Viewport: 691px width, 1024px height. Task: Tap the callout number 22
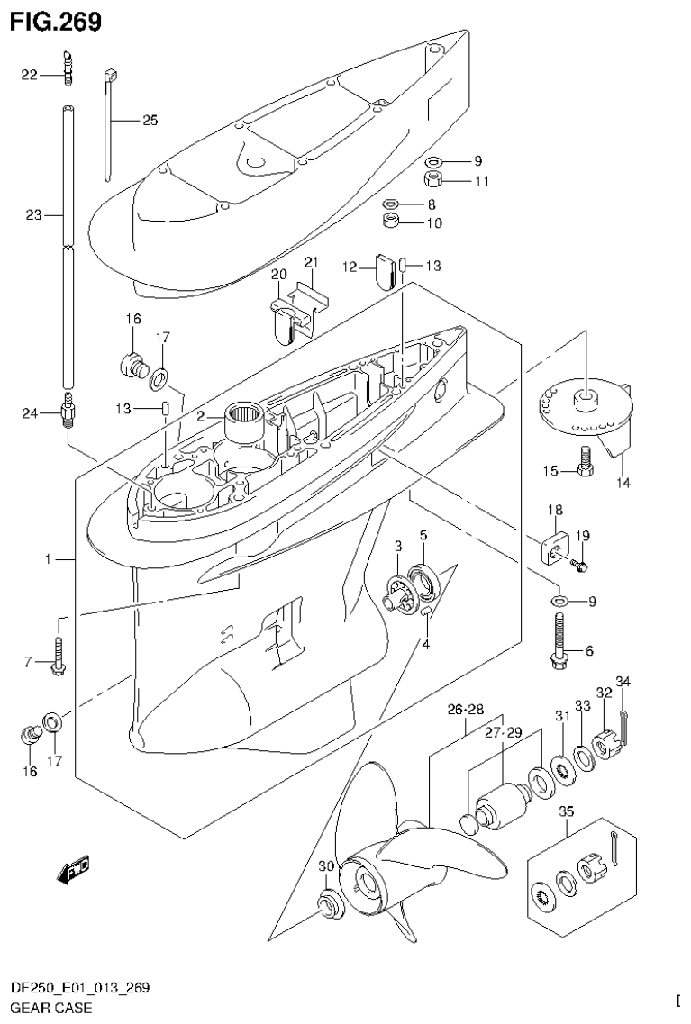click(30, 76)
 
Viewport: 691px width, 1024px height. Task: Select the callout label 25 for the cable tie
click(150, 120)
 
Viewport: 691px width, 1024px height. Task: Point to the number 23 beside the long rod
click(32, 215)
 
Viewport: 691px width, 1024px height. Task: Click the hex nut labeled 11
click(433, 180)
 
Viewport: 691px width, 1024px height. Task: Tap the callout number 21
click(312, 262)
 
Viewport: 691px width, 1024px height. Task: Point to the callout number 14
click(623, 483)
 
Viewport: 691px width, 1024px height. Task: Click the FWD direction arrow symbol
click(74, 869)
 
